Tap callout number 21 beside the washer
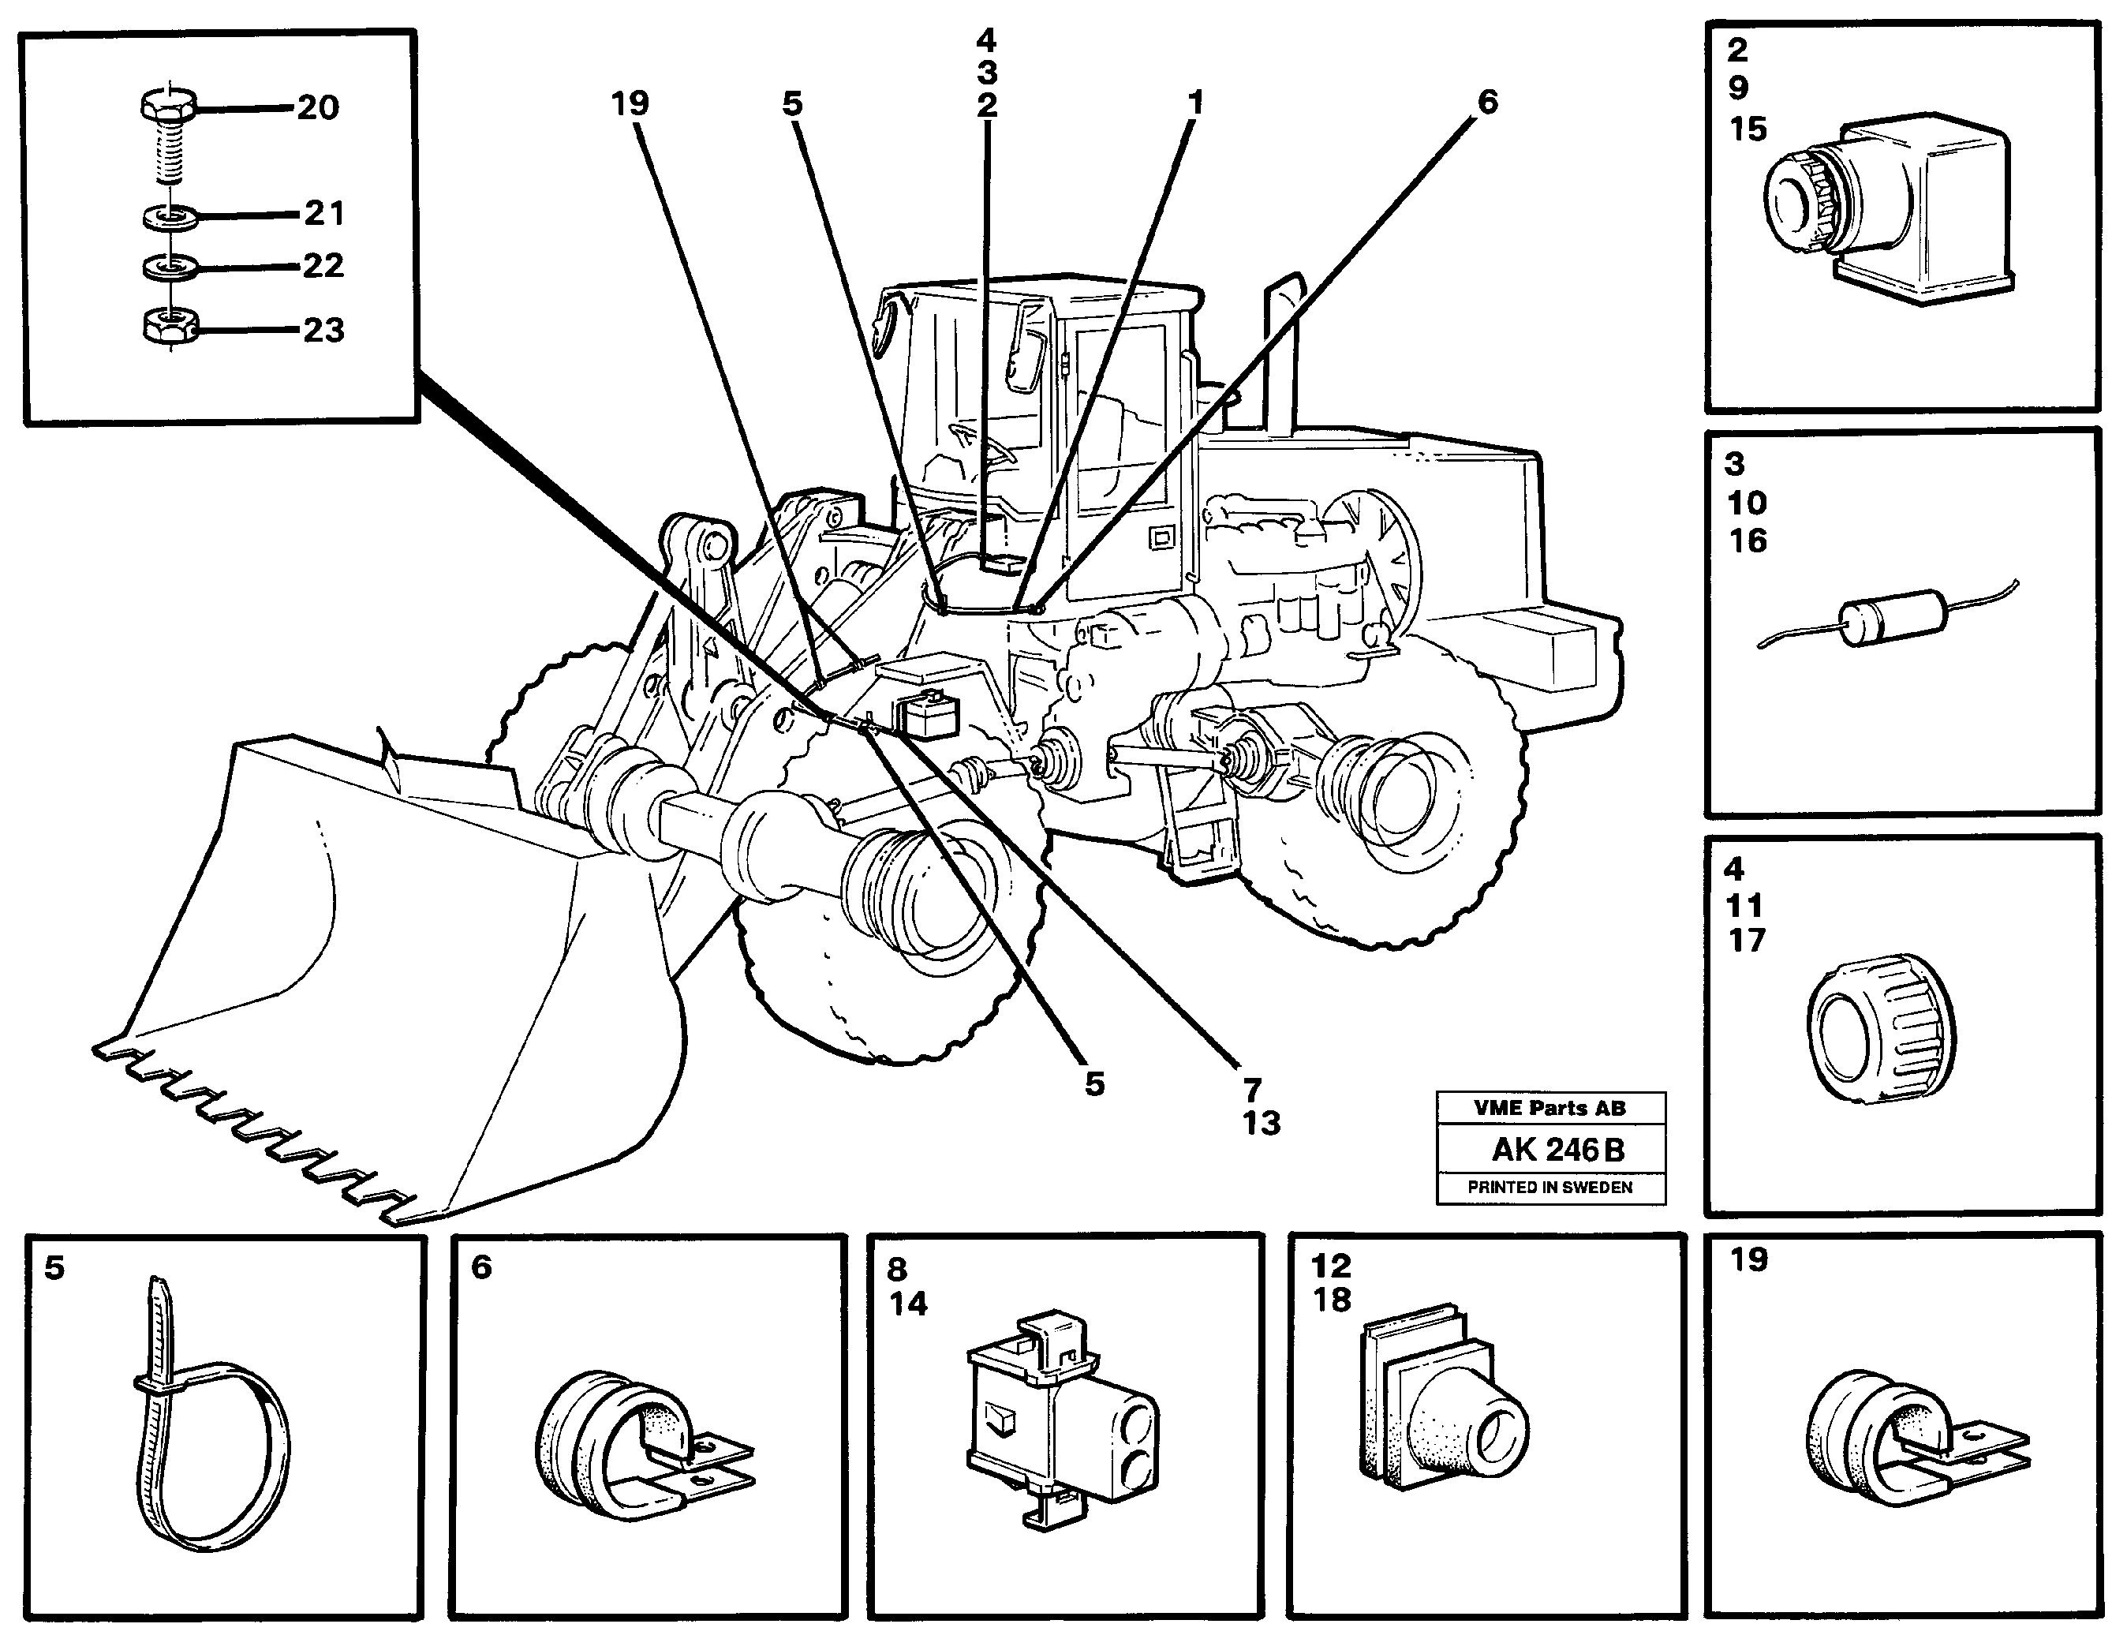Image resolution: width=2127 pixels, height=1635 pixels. click(324, 213)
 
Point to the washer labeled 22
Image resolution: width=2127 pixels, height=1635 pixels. click(170, 267)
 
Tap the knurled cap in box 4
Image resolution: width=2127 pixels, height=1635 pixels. click(1880, 1030)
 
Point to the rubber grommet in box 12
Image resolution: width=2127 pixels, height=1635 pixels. click(1440, 1411)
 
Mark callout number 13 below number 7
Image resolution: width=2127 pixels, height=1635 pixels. click(1261, 1123)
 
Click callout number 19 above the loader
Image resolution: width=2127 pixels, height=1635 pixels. click(630, 103)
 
